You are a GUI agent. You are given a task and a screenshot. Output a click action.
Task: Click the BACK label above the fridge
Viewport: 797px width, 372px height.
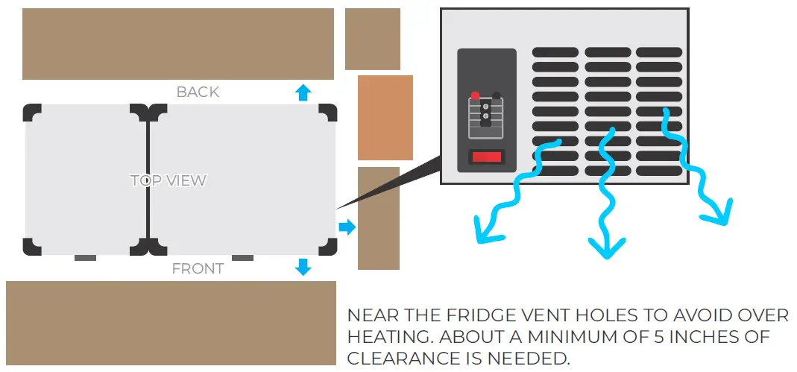(198, 92)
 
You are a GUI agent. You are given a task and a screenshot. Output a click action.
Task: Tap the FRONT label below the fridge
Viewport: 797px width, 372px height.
(198, 268)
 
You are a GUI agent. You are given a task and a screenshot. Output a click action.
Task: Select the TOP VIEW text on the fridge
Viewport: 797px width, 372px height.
(168, 180)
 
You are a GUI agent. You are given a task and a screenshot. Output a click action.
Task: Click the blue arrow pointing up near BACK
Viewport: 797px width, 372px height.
(302, 92)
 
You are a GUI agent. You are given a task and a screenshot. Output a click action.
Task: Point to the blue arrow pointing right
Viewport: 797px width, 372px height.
(347, 227)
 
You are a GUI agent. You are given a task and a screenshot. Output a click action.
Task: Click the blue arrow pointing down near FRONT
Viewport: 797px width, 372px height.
(303, 267)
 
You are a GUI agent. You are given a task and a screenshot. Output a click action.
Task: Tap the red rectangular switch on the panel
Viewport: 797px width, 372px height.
(486, 157)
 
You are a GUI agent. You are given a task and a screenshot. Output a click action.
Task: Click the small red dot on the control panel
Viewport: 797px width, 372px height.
(474, 95)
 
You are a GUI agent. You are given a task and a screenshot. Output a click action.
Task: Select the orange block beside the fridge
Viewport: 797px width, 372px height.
(385, 118)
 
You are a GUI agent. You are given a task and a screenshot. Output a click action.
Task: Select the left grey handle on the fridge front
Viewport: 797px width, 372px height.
(85, 258)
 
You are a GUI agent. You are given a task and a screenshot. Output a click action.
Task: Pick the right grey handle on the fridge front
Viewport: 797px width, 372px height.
(242, 258)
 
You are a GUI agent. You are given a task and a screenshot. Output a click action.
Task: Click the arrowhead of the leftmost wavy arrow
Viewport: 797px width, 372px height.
(485, 233)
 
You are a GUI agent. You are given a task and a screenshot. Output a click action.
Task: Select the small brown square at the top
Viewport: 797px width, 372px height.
(372, 39)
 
